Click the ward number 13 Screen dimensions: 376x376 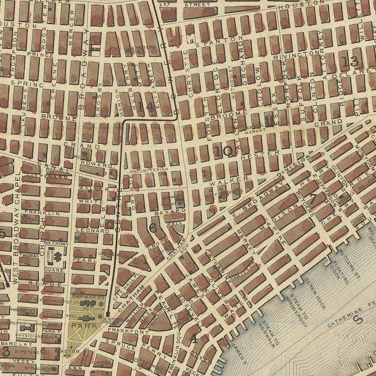pos(350,61)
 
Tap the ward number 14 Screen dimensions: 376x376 pos(146,107)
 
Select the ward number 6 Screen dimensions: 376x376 pos(153,228)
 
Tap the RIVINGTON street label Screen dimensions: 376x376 pos(297,54)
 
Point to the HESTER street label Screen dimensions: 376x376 pos(266,153)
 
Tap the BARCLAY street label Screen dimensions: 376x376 pos(22,345)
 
